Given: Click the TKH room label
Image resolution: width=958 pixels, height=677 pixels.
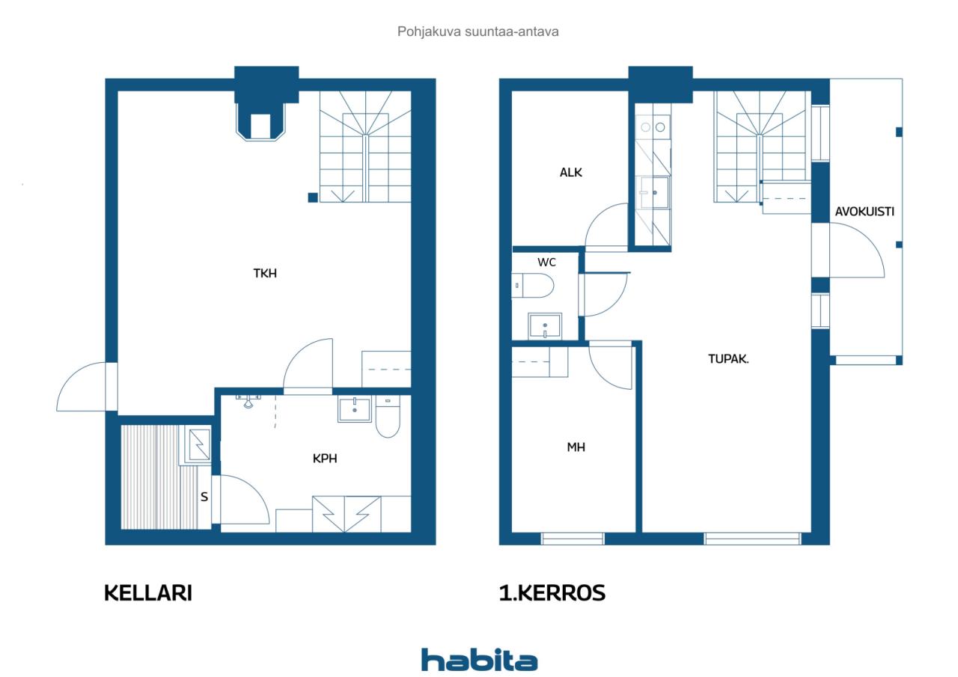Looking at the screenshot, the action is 265,273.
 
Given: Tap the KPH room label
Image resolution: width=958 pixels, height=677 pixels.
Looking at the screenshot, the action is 325,459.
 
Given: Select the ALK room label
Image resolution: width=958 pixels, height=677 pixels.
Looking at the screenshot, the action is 571,172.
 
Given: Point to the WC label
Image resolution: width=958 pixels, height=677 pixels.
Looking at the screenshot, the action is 546,262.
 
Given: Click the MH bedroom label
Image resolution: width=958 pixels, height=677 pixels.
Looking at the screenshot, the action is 576,447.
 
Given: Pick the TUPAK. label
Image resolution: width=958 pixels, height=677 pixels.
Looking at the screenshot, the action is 728,358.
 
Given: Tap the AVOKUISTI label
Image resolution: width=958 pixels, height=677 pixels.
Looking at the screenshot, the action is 864,212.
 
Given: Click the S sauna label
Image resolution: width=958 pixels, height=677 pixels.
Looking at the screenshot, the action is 204,497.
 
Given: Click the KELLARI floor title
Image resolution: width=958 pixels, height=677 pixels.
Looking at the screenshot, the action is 148,592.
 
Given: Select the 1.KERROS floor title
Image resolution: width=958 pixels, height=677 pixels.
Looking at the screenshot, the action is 552,592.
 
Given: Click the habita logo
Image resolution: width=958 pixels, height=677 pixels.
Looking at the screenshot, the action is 479,660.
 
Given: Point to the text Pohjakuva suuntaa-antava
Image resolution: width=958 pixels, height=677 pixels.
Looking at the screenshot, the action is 478,31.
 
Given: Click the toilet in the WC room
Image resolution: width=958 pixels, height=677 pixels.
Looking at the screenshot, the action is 532,286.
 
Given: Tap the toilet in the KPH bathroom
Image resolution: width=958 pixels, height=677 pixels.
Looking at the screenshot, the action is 388,417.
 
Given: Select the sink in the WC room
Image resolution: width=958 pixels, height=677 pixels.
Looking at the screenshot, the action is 545,326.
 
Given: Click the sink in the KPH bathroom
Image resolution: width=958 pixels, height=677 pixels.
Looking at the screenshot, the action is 355,409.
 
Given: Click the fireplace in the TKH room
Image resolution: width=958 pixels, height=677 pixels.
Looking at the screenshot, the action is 260,122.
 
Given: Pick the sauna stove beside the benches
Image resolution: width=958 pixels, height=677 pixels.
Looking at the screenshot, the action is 200,444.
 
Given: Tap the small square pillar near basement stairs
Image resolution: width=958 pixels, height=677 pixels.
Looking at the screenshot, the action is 313,197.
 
